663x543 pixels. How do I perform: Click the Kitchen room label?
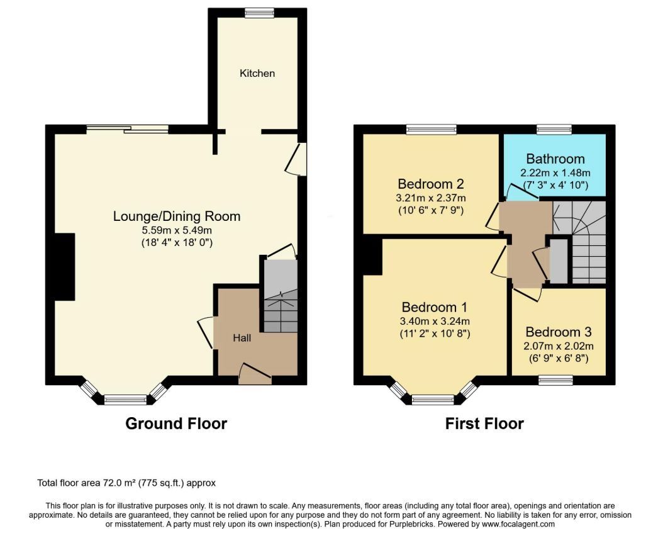tap(257, 73)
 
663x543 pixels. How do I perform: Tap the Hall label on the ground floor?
tap(242, 338)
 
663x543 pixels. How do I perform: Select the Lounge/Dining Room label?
tap(177, 216)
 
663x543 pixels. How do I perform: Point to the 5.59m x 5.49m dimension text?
tap(177, 230)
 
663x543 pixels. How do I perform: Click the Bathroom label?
tap(555, 159)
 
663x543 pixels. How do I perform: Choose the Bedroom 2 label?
tap(431, 184)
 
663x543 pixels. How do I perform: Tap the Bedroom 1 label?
tap(434, 307)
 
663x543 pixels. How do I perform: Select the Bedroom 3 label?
tap(559, 332)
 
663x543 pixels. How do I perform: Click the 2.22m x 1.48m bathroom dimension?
tap(555, 173)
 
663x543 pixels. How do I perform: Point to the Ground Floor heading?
tap(176, 423)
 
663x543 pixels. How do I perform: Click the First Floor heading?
tap(484, 423)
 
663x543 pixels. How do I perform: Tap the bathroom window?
tap(554, 130)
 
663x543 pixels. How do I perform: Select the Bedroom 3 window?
tap(555, 380)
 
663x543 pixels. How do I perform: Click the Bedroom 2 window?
tap(432, 130)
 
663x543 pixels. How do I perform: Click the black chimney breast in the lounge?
tap(65, 267)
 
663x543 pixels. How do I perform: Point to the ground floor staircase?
tap(281, 296)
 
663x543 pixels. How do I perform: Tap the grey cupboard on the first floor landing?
tap(559, 261)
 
